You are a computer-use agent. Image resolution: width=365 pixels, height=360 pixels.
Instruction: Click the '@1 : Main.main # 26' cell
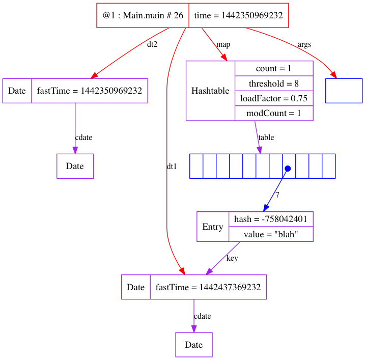143,16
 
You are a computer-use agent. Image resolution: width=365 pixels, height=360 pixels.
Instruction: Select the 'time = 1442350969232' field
238,16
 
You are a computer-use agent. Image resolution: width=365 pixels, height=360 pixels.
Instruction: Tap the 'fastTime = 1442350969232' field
90,91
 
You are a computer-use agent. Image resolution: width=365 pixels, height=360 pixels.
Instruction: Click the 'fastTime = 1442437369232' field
208,287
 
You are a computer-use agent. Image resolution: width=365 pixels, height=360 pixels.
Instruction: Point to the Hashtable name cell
210,91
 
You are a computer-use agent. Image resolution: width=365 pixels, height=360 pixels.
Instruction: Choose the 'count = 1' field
274,68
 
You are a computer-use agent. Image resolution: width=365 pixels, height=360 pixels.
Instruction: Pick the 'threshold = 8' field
274,83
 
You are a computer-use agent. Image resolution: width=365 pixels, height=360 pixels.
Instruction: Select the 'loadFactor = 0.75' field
274,98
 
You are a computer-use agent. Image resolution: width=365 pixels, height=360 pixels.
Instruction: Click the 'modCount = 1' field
274,113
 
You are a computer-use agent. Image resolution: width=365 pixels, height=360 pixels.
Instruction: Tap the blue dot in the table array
288,168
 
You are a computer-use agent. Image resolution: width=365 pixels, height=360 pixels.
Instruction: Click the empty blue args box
344,91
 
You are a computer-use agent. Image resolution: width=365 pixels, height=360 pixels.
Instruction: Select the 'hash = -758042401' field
270,219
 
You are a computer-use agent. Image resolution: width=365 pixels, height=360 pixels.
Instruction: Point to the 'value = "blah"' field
270,234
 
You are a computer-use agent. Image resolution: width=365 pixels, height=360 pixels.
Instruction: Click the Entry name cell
213,227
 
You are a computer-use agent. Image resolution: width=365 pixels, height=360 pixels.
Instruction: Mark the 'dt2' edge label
152,44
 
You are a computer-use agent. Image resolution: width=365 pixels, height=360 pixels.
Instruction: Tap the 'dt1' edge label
172,167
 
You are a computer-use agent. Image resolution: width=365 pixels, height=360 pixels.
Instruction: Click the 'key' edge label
232,258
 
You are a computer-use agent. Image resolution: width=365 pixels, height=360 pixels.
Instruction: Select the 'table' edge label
266,137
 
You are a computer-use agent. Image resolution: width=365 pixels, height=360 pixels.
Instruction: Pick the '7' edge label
277,195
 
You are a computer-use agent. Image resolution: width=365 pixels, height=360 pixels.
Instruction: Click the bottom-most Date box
194,345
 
